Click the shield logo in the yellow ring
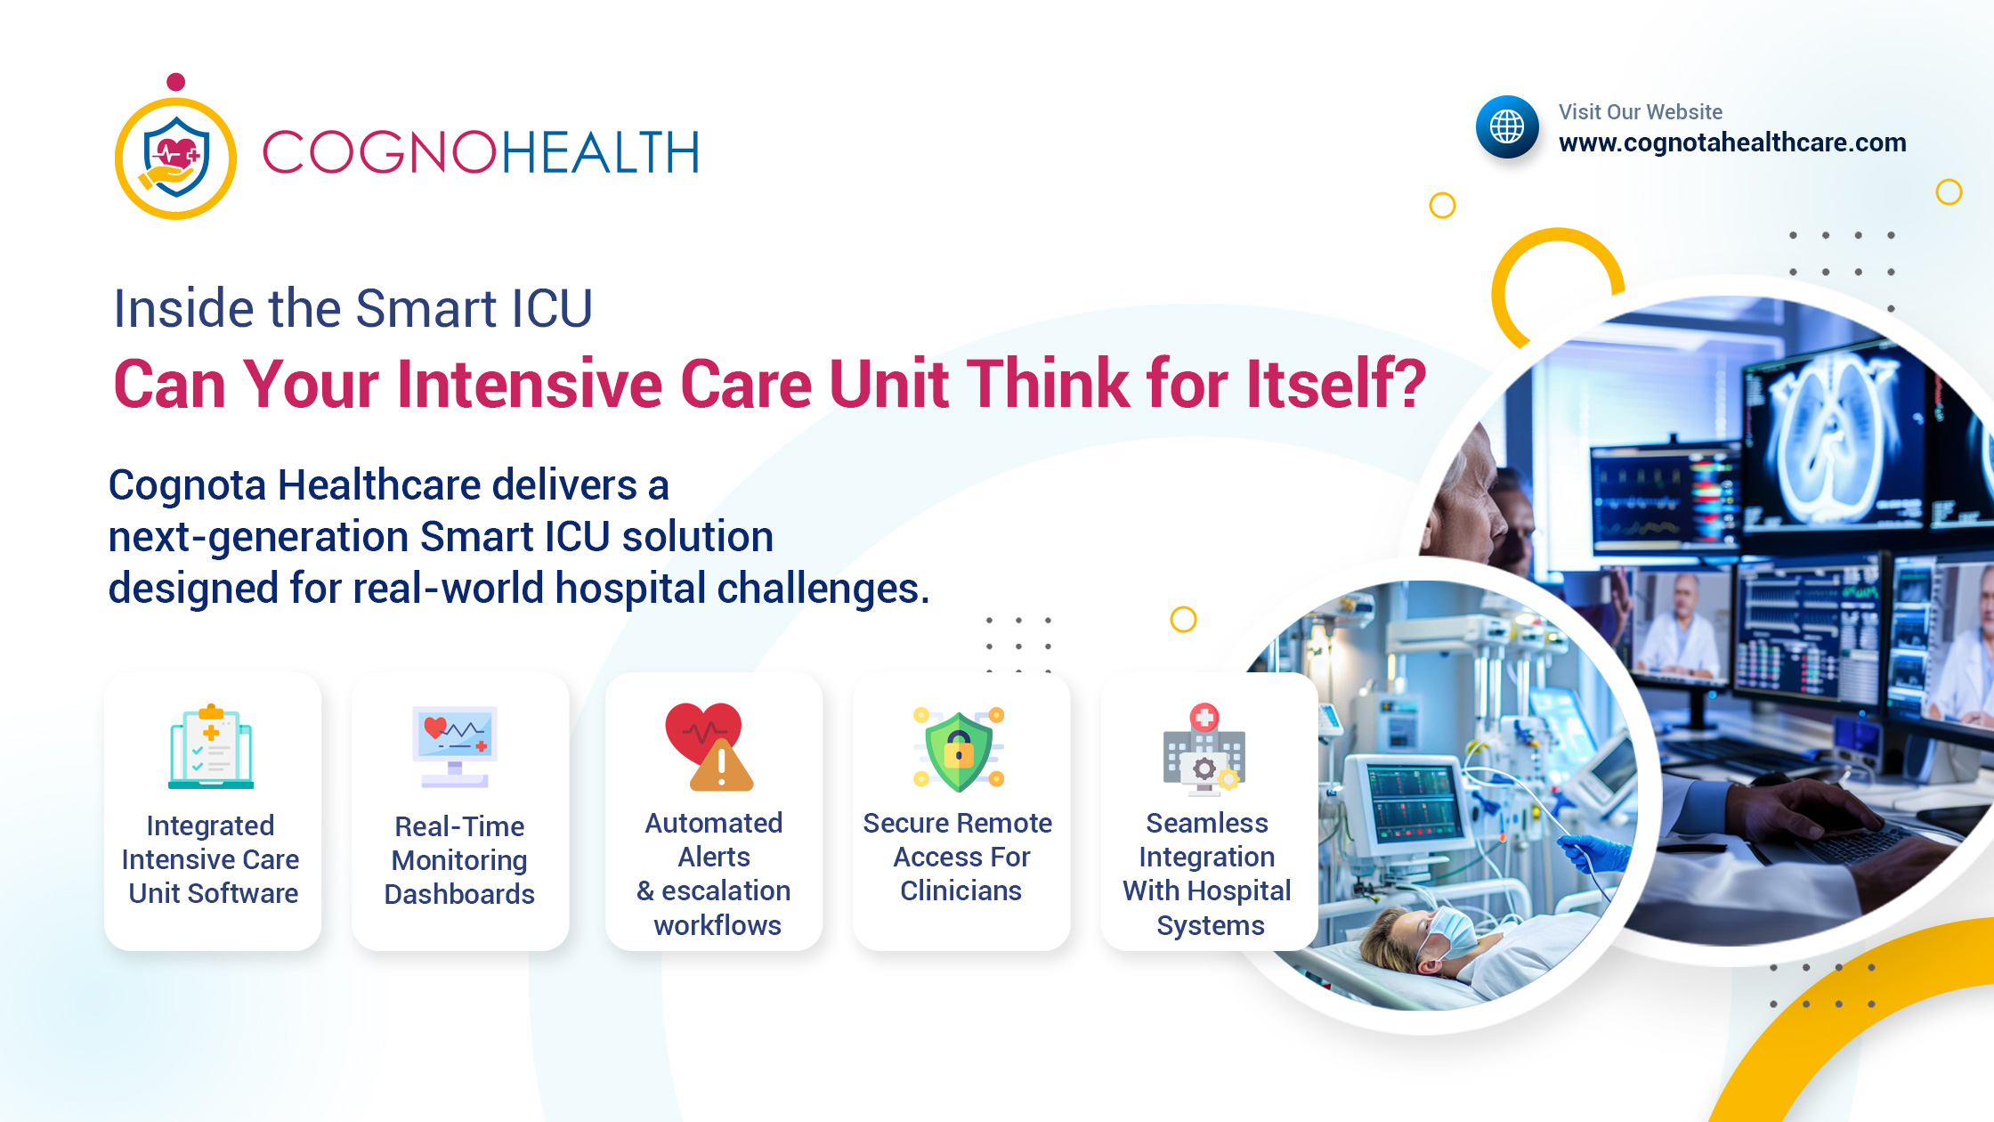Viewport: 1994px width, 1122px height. point(176,158)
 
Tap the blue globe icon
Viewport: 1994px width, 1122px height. point(1507,126)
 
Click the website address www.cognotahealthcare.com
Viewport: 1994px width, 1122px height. point(1732,142)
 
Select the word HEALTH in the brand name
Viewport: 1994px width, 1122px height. point(601,152)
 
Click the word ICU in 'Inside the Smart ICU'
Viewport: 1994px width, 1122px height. point(552,309)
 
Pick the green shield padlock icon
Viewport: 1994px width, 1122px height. point(959,749)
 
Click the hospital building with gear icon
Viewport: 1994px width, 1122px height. point(1204,748)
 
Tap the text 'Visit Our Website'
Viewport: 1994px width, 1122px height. point(1641,112)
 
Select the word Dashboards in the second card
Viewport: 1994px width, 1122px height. point(459,894)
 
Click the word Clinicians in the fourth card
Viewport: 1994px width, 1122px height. point(961,890)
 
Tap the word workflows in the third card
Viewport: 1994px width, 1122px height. point(717,925)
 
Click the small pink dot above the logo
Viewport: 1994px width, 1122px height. point(176,82)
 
